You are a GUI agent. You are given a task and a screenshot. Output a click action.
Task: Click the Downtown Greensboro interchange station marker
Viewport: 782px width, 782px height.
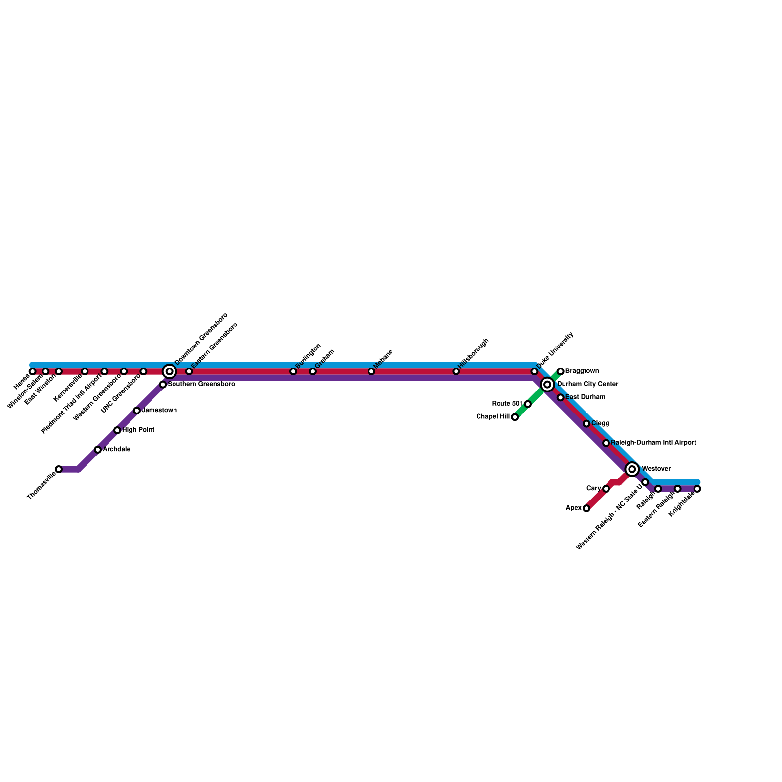169,371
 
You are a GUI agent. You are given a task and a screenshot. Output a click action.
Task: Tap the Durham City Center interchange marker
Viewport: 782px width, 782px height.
547,385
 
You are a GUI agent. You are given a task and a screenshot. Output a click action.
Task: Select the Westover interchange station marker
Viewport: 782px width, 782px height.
632,469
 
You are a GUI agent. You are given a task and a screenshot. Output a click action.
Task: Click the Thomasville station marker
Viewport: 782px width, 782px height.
59,469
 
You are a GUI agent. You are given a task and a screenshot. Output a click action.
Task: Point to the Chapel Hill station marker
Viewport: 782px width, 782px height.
515,417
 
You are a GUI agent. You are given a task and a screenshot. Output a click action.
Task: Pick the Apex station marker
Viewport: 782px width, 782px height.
586,508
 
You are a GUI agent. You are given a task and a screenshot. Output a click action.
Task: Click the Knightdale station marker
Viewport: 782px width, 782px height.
697,489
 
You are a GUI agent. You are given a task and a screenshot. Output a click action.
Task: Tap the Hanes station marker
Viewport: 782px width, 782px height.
32,371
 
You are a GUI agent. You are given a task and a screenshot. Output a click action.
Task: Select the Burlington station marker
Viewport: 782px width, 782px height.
293,371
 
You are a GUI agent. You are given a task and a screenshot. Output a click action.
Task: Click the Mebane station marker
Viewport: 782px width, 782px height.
371,371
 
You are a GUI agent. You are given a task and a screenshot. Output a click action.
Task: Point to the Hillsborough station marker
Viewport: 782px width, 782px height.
456,371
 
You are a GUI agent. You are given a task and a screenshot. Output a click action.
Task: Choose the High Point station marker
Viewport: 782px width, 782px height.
117,430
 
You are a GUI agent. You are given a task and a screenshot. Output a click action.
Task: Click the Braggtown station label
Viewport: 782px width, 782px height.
582,371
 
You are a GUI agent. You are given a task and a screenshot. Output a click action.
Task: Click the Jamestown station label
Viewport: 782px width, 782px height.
159,411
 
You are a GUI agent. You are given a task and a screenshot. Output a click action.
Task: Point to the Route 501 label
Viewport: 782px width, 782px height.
507,404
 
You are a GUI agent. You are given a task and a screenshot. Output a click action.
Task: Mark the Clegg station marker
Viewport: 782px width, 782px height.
586,423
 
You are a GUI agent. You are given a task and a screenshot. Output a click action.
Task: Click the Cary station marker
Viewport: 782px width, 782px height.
606,489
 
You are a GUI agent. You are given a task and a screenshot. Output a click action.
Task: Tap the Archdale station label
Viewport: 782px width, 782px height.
116,450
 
